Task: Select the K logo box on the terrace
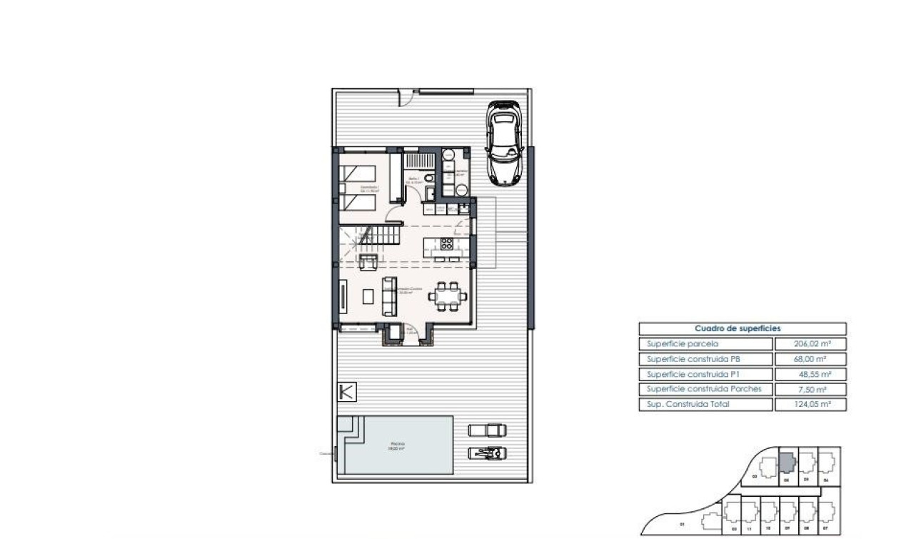(x=346, y=392)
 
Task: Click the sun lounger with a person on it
(x=488, y=453)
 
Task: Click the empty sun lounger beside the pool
(x=488, y=430)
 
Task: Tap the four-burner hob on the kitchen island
(x=447, y=245)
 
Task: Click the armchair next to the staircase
(x=368, y=262)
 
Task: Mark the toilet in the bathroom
(x=428, y=178)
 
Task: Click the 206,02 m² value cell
(x=810, y=343)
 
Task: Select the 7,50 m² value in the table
(x=810, y=389)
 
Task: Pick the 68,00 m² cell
(x=810, y=359)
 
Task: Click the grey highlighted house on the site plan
(x=785, y=463)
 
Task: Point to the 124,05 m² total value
(x=810, y=405)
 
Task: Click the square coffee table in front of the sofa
(x=368, y=296)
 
